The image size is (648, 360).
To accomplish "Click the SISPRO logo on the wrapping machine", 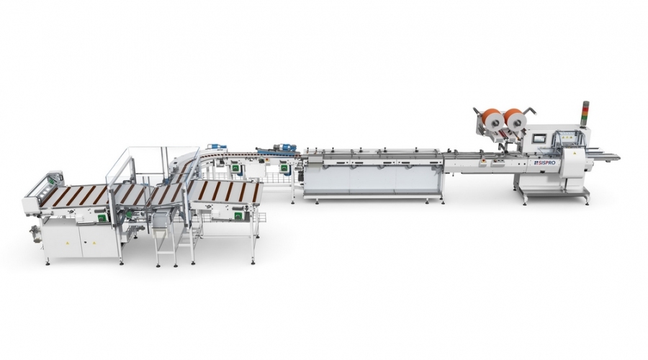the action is click(544, 163).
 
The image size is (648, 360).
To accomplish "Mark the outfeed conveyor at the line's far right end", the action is click(606, 156).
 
